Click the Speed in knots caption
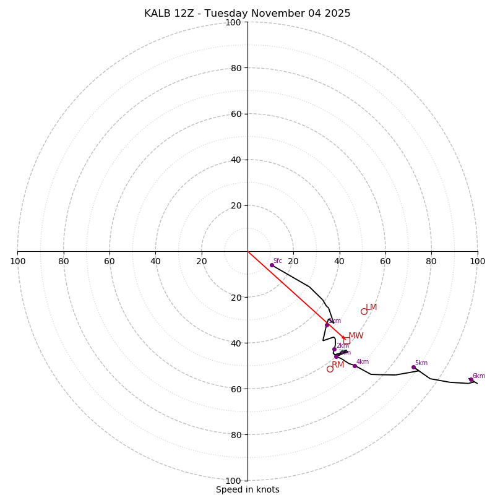click(x=247, y=489)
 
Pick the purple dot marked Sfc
click(x=272, y=265)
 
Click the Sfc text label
click(x=278, y=261)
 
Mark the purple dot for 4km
click(x=355, y=366)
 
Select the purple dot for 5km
click(x=414, y=367)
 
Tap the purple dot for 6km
click(x=471, y=380)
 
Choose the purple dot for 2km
click(x=334, y=349)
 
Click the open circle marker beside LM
click(x=364, y=311)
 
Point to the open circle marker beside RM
click(x=330, y=369)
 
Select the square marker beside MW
click(x=346, y=340)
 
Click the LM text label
click(x=371, y=308)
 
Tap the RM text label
click(x=338, y=365)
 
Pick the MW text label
click(x=356, y=336)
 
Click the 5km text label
click(x=421, y=363)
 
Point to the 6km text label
click(x=479, y=376)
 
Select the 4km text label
click(x=363, y=362)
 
